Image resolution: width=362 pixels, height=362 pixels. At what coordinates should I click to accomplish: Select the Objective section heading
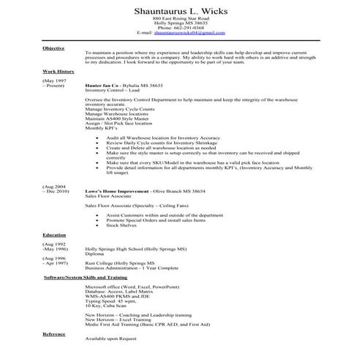click(x=53, y=48)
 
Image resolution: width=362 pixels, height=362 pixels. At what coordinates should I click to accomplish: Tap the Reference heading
click(x=54, y=333)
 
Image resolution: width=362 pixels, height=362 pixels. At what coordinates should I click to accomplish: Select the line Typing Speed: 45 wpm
click(x=110, y=301)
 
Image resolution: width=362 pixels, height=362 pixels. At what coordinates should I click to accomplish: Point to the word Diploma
click(x=95, y=254)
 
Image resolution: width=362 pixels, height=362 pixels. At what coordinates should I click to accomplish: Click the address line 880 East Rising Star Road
click(x=180, y=20)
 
